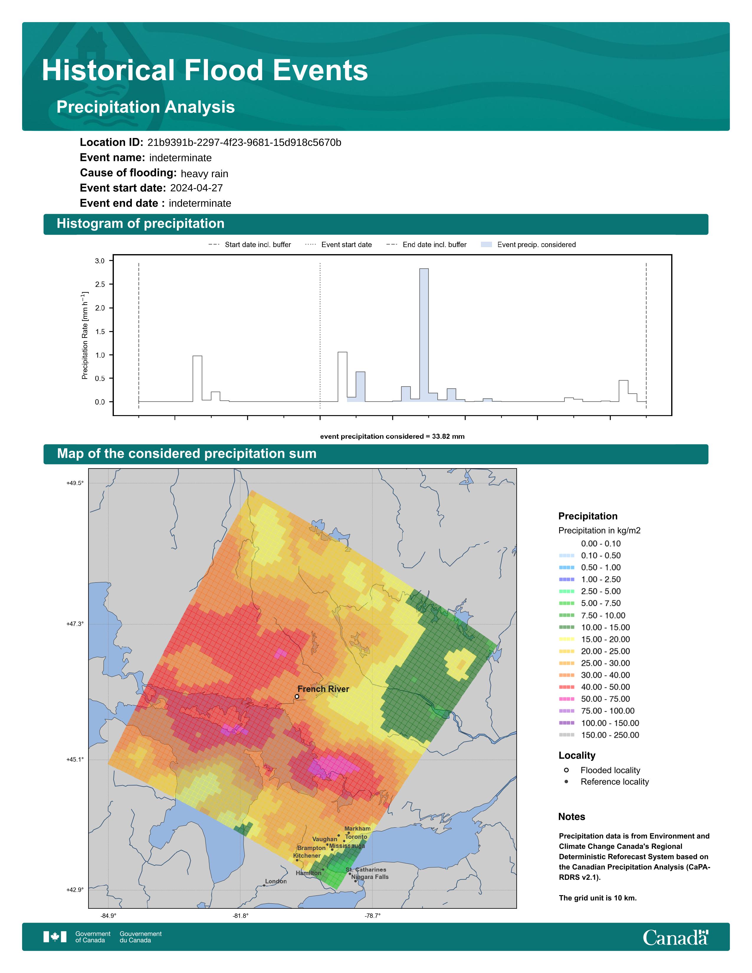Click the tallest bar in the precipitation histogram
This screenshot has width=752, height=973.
tap(424, 335)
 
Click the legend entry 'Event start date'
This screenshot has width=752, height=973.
tap(339, 245)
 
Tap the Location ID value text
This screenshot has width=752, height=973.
tap(244, 143)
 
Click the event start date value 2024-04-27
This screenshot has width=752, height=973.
tap(196, 188)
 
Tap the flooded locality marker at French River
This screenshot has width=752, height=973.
tap(297, 696)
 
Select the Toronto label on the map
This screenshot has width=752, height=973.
tap(356, 837)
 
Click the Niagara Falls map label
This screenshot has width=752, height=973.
tap(370, 877)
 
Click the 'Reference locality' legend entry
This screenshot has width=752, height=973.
tap(606, 782)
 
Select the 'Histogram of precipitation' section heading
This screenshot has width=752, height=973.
tap(140, 224)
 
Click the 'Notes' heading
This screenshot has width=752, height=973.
tap(572, 817)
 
